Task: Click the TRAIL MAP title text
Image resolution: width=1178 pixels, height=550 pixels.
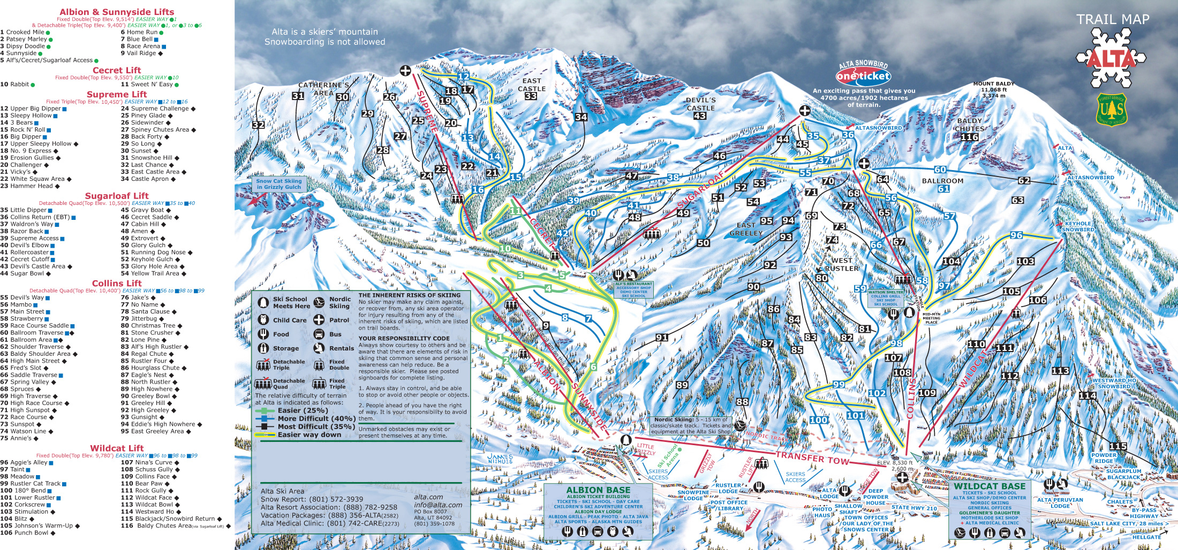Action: (1113, 20)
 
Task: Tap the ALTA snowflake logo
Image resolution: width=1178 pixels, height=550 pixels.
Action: (1111, 59)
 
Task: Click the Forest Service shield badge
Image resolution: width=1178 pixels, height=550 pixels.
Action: (1112, 110)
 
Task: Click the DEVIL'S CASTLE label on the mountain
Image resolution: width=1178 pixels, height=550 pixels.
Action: (700, 104)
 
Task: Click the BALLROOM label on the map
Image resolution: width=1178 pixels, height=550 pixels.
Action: (942, 181)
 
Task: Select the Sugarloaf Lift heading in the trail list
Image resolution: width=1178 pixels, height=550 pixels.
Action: (116, 196)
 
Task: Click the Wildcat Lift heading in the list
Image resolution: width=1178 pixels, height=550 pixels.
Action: (116, 448)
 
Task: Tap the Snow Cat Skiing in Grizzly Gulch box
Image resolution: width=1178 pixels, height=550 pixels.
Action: (278, 184)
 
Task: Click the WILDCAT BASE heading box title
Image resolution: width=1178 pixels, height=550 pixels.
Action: (989, 486)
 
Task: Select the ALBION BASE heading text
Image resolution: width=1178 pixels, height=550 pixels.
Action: (598, 490)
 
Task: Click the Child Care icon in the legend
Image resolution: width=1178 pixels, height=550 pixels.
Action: (263, 320)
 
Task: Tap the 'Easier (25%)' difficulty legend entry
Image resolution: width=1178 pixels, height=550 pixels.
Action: (303, 410)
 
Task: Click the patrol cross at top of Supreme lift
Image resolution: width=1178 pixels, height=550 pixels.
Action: (405, 71)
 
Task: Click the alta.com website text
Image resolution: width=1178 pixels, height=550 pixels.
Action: (428, 497)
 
